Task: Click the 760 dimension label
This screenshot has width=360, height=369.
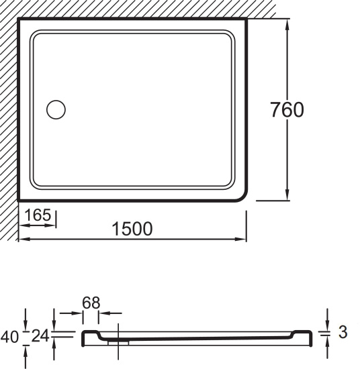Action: tap(287, 109)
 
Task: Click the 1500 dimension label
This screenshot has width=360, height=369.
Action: tap(132, 229)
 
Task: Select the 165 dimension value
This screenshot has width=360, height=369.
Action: tap(38, 215)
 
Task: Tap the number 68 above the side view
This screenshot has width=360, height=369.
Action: tap(91, 303)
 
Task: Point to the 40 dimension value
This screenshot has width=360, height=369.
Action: tap(9, 337)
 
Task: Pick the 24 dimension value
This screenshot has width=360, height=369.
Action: tap(40, 336)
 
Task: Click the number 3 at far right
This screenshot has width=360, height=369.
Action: tap(343, 332)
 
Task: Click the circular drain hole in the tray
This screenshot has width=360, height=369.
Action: tap(56, 109)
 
